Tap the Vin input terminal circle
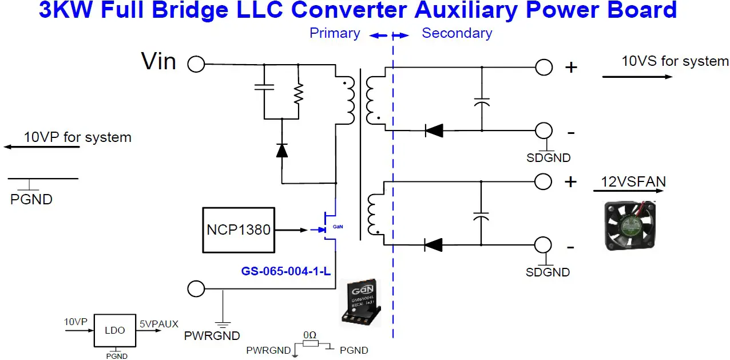point(196,64)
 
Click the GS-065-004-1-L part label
point(286,271)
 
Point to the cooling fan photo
point(630,227)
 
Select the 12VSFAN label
point(633,182)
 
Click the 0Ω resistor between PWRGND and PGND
point(311,343)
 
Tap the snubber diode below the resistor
point(281,150)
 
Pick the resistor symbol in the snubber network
point(299,92)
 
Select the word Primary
point(335,33)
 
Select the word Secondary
point(457,33)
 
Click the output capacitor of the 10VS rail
point(482,102)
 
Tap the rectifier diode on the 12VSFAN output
point(434,244)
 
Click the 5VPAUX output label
point(159,324)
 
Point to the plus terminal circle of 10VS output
point(543,68)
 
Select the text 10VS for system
point(675,61)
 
